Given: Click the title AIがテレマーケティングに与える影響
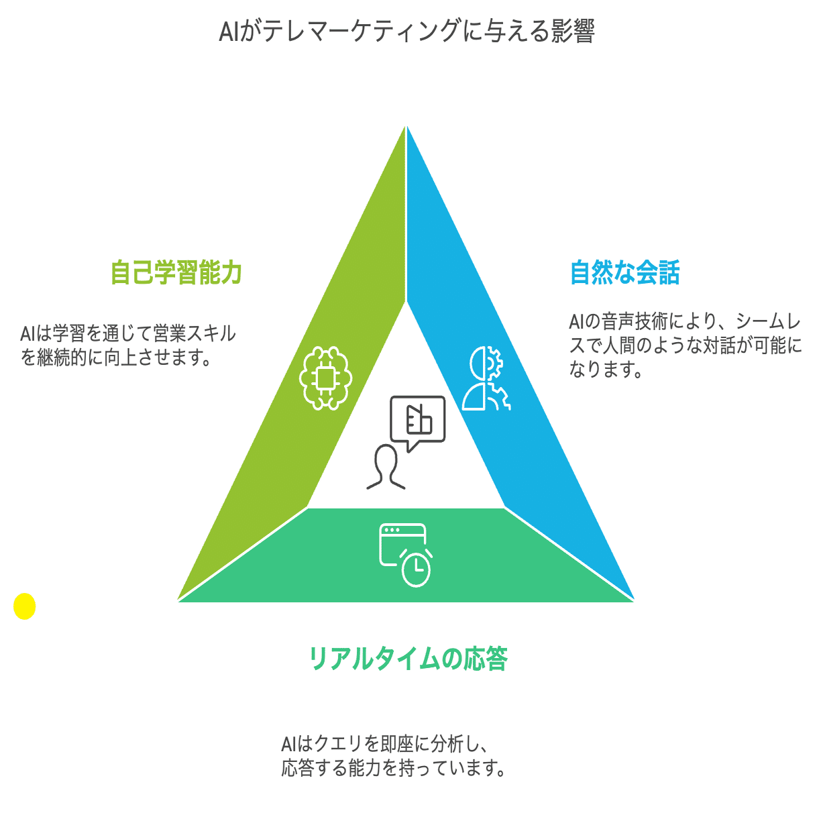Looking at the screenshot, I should coord(406,32).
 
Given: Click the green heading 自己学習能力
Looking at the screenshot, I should coord(176,273).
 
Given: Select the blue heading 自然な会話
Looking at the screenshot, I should coord(624,273).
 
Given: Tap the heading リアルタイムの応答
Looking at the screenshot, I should coord(408,659).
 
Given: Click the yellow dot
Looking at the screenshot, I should coord(24,606).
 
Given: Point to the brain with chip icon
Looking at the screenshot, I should coord(325,378).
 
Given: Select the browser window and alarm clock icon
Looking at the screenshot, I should coord(405,554).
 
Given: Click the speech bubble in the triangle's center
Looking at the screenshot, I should coord(417,421).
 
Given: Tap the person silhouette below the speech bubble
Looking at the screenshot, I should coord(386,467).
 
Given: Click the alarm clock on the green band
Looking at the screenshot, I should coord(416,569).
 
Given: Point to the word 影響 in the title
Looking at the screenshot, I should coord(573,32).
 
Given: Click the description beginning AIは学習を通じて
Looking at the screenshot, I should coord(127,345).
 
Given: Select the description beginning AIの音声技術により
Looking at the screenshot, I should coord(684,345).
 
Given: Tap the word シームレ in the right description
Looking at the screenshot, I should coord(767,321).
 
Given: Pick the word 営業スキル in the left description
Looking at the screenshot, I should coord(195,333).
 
